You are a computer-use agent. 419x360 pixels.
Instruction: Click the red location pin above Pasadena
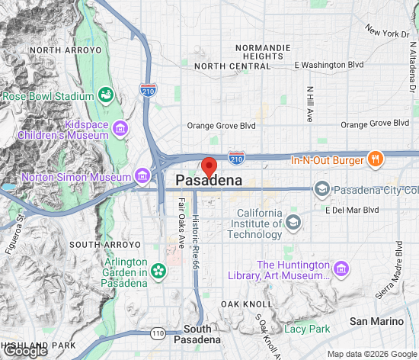point(209,166)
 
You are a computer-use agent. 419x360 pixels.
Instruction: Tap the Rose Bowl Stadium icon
point(107,96)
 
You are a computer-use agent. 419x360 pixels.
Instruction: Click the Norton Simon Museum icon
point(142,178)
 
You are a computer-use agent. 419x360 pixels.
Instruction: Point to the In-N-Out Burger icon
point(374,160)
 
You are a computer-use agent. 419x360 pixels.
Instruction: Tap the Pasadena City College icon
point(322,189)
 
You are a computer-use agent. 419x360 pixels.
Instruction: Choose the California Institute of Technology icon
point(293,223)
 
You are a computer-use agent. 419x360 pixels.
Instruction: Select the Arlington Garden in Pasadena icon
point(158,271)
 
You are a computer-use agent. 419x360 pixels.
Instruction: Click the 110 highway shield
point(158,333)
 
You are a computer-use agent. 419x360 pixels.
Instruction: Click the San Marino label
point(375,322)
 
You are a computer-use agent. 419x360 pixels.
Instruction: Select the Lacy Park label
point(307,329)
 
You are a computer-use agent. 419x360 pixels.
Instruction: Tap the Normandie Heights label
point(263,52)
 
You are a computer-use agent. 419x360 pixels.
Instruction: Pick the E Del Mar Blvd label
point(352,210)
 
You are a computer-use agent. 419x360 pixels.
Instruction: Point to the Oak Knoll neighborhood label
point(241,304)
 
